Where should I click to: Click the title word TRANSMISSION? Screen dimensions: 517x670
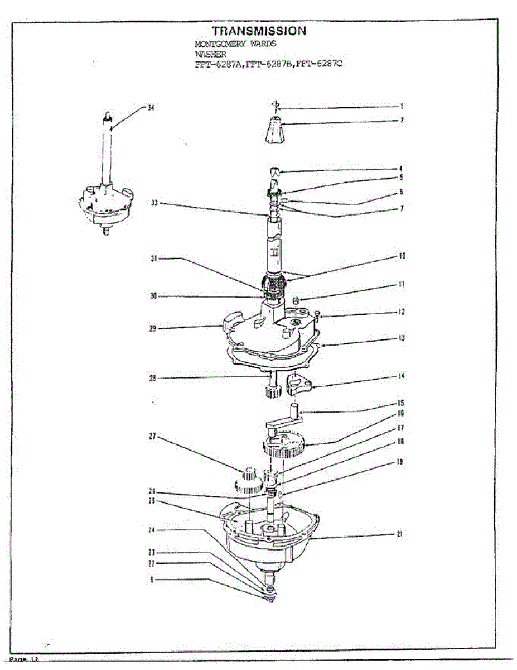[259, 31]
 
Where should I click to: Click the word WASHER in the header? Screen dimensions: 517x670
[210, 54]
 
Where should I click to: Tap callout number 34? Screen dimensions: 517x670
[151, 108]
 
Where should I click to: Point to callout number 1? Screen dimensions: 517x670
[401, 106]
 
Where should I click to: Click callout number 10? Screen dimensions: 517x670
[402, 256]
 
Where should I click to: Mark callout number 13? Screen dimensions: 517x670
[402, 338]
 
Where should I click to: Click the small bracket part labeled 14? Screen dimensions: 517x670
[299, 384]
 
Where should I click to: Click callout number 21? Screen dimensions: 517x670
[400, 534]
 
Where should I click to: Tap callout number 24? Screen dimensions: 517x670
[151, 529]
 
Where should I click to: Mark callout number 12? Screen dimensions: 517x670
[402, 312]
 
